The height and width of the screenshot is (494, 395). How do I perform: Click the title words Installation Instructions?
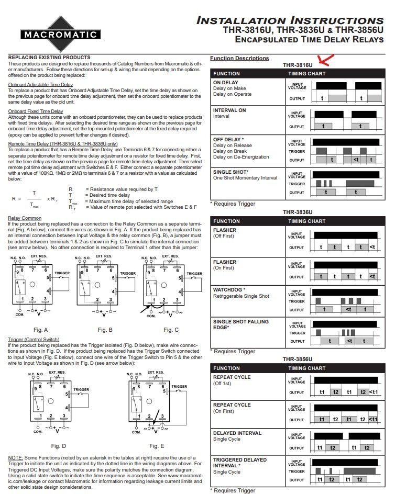coord(293,20)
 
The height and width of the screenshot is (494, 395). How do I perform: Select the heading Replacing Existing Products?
coord(49,57)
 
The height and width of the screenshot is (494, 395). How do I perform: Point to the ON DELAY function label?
coord(226,83)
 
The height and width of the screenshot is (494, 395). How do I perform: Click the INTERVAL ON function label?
coord(229,110)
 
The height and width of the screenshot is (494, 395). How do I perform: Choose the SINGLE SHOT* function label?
coord(231,172)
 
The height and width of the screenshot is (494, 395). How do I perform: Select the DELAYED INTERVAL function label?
coord(237,433)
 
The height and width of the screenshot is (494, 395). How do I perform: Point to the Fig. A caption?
coord(40,330)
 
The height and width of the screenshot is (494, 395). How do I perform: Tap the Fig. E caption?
coord(156,446)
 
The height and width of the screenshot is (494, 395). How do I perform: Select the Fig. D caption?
coord(58,446)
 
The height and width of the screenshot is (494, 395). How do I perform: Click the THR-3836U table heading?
coord(297,212)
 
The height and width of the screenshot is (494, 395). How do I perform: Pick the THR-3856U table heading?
coord(297,359)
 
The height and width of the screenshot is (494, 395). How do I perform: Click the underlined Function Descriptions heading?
coord(239,58)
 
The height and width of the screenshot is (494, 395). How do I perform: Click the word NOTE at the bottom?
coord(15,458)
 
